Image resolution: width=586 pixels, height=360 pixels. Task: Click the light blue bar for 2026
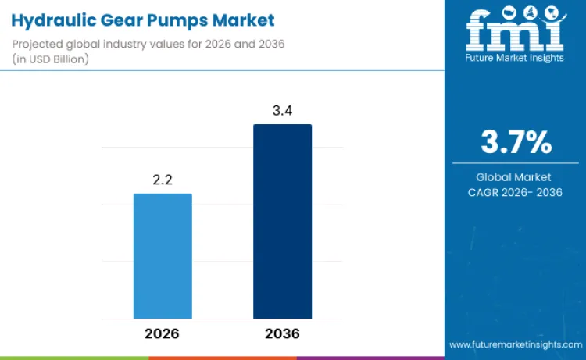163,255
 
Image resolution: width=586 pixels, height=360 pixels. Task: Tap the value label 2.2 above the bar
163,180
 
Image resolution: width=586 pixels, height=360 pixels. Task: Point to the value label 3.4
282,110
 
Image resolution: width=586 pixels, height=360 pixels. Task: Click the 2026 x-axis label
163,333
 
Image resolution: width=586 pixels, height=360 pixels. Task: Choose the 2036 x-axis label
282,333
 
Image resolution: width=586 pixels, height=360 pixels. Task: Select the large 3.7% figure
516,142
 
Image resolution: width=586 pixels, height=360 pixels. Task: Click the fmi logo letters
515,32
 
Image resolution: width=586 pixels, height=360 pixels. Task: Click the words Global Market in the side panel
516,177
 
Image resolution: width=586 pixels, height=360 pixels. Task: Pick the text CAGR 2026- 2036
516,192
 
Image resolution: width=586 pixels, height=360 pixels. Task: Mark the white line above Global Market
516,163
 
